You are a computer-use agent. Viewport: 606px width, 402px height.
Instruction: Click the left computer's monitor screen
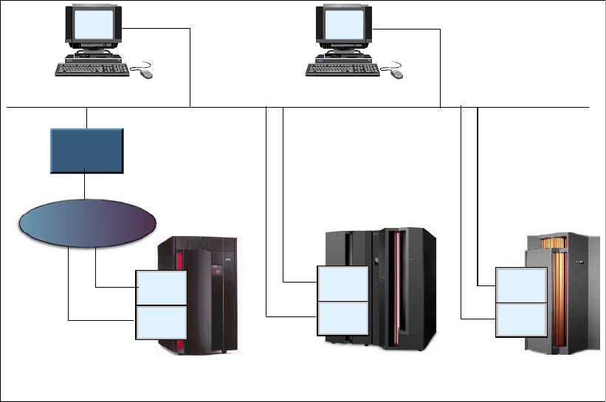tap(92, 25)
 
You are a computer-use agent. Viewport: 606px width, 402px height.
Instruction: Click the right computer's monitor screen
tap(343, 25)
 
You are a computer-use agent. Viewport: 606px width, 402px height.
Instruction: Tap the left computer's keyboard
tap(92, 69)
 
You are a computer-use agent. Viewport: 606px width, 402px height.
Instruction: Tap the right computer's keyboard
tap(342, 69)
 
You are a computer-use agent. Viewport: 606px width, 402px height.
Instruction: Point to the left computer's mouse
tap(146, 74)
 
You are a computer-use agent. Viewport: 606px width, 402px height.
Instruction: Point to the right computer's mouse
tap(397, 74)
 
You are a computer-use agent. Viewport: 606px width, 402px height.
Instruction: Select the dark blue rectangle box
tap(86, 150)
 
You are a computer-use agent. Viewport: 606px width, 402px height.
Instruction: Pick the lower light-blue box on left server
tap(161, 322)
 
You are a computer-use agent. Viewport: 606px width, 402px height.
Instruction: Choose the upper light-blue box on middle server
tap(342, 284)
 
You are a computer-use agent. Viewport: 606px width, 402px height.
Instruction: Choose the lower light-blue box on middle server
tap(342, 318)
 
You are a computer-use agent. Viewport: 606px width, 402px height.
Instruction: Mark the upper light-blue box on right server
tap(521, 285)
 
